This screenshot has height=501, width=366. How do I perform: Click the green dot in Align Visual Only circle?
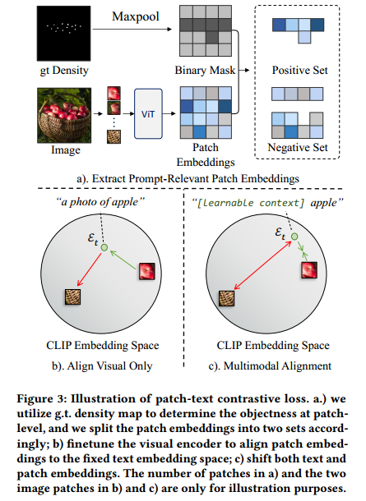pos(104,246)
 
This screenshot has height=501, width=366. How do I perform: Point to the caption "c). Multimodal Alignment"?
pos(268,359)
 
